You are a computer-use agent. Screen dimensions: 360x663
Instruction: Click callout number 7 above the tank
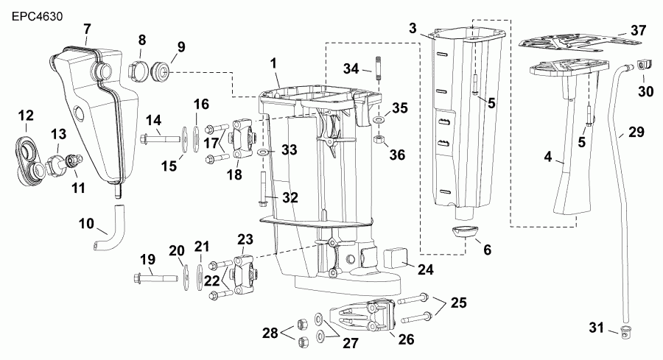pos(86,29)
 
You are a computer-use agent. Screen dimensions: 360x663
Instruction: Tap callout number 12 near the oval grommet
pos(26,116)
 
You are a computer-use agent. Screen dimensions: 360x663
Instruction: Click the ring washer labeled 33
pos(263,152)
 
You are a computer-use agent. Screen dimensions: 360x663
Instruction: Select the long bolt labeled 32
pos(262,187)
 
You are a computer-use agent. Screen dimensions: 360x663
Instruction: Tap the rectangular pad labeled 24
pos(396,258)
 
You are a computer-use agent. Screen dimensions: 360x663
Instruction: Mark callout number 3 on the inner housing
pos(413,28)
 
